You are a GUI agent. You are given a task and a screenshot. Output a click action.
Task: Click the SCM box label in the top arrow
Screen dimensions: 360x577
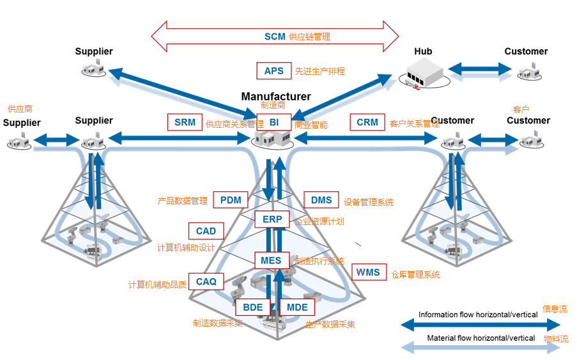point(275,36)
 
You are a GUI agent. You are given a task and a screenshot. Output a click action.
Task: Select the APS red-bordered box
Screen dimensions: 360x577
point(273,71)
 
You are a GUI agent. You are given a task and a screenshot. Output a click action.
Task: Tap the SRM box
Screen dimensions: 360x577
point(185,122)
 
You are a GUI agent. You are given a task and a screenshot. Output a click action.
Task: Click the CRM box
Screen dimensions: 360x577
point(367,122)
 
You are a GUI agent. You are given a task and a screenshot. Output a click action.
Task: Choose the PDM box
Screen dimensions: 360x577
point(231,200)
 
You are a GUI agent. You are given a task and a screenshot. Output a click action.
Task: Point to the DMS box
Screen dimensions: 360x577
point(321,200)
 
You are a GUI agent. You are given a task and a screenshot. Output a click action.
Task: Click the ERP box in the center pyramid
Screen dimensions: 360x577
point(272,219)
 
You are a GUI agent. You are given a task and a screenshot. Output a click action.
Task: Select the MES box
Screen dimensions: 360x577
point(272,260)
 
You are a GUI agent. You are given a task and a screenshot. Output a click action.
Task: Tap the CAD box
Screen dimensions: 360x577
point(206,231)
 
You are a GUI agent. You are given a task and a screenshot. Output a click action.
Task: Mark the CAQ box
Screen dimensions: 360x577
point(206,281)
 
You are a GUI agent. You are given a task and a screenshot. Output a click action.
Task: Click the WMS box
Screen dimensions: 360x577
point(368,272)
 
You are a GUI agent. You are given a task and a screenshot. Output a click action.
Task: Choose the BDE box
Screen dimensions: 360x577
point(253,307)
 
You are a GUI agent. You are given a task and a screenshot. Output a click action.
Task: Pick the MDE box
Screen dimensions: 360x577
point(297,307)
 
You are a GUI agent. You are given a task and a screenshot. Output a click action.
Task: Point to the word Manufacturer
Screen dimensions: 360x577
point(276,97)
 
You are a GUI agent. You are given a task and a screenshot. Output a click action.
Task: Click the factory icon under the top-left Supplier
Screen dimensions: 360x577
point(93,68)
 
